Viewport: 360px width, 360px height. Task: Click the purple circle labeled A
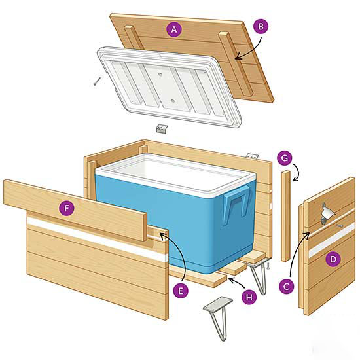point(173,29)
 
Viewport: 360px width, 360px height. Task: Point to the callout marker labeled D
point(334,259)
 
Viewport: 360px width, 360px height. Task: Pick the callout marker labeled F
point(65,209)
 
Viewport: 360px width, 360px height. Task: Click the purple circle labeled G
point(284,158)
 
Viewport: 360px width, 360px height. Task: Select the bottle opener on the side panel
point(328,213)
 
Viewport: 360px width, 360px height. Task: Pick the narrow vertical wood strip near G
point(285,216)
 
